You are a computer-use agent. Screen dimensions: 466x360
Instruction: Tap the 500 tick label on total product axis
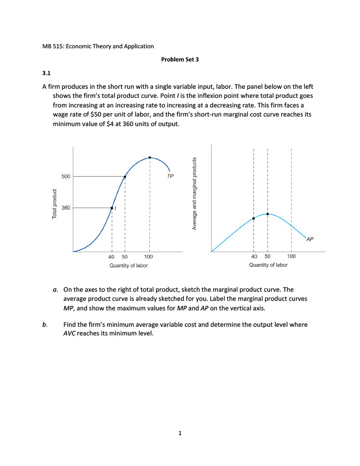[x=66, y=177]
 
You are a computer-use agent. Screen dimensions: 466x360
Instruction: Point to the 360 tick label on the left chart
[x=66, y=208]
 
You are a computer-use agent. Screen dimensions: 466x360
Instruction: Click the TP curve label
[x=170, y=176]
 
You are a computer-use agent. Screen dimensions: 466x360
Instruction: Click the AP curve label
[x=310, y=238]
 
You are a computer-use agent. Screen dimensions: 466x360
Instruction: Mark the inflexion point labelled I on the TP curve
[x=112, y=208]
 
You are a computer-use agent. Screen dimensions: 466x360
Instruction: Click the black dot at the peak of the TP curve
[x=150, y=157]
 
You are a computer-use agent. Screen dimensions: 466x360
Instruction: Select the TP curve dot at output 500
[x=125, y=177]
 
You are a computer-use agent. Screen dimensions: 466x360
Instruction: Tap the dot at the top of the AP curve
[x=268, y=213]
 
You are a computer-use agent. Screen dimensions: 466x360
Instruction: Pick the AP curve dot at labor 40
[x=254, y=218]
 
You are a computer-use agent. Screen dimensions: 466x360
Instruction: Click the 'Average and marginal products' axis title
[x=194, y=193]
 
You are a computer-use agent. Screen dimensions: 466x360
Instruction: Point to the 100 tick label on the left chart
[x=149, y=257]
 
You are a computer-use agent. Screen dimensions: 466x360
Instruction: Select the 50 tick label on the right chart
[x=268, y=257]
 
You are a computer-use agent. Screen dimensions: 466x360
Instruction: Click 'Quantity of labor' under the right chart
[x=268, y=265]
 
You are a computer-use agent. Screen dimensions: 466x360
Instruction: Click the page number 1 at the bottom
[x=180, y=433]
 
